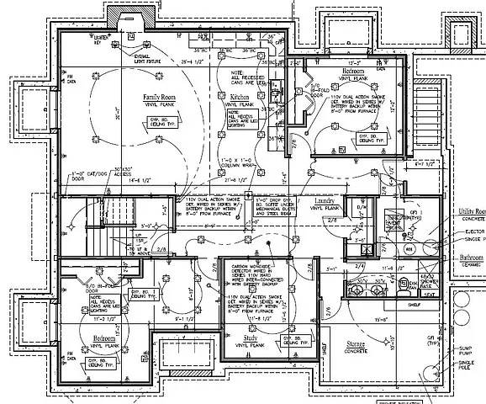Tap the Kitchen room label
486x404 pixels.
240,98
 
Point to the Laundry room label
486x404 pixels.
325,200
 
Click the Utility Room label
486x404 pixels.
470,210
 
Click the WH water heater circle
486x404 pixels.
408,248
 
